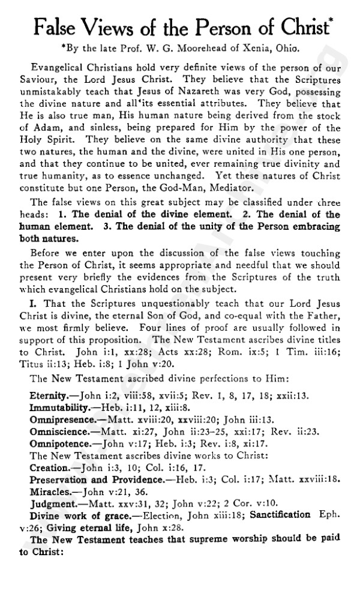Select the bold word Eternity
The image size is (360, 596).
click(x=50, y=397)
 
